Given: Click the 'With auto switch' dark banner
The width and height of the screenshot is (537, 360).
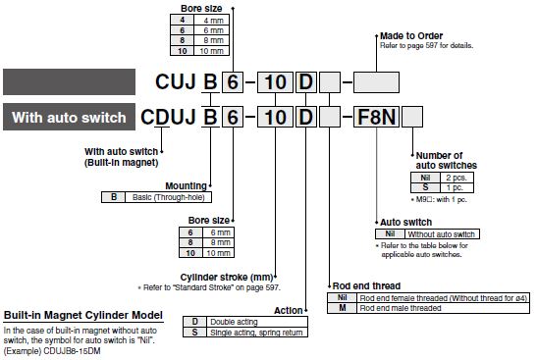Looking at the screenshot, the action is click(x=69, y=117).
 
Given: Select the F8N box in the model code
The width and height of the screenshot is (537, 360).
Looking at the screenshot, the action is click(x=376, y=117).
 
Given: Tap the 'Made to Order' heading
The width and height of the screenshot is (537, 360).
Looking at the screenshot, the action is click(x=411, y=35).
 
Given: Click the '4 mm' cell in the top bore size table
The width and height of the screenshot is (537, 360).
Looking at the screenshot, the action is click(x=212, y=21).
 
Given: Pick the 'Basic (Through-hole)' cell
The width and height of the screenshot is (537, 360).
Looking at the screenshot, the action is click(x=168, y=197).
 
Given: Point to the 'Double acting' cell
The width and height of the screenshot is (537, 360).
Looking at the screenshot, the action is click(x=257, y=322).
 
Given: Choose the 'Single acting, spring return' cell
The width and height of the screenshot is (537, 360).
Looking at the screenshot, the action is click(x=257, y=333).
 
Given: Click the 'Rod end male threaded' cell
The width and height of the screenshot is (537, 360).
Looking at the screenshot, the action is click(x=443, y=308).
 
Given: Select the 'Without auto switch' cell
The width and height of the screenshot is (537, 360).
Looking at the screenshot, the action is click(x=442, y=234).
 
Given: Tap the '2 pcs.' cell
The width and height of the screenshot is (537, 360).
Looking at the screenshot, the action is click(x=456, y=178).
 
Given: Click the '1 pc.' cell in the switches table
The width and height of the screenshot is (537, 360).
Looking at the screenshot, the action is click(x=456, y=187).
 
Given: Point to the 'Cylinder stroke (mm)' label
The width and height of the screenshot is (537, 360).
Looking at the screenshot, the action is click(x=227, y=277).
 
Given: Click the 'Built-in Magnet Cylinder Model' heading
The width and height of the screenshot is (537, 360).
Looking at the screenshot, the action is click(x=83, y=315).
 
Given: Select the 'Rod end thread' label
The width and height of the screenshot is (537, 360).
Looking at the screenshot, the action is click(x=366, y=285).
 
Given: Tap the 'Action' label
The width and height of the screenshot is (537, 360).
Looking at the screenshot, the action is click(x=289, y=310).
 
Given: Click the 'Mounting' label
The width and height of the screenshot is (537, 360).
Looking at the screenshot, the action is click(x=186, y=185).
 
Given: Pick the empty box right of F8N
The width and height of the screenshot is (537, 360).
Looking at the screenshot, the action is click(x=412, y=117).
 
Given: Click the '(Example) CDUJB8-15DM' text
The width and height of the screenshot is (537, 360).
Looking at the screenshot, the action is click(x=52, y=351).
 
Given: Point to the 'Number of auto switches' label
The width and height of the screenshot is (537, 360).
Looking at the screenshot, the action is click(x=447, y=160).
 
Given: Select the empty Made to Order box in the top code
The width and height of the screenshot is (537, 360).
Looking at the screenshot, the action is click(x=376, y=82).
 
